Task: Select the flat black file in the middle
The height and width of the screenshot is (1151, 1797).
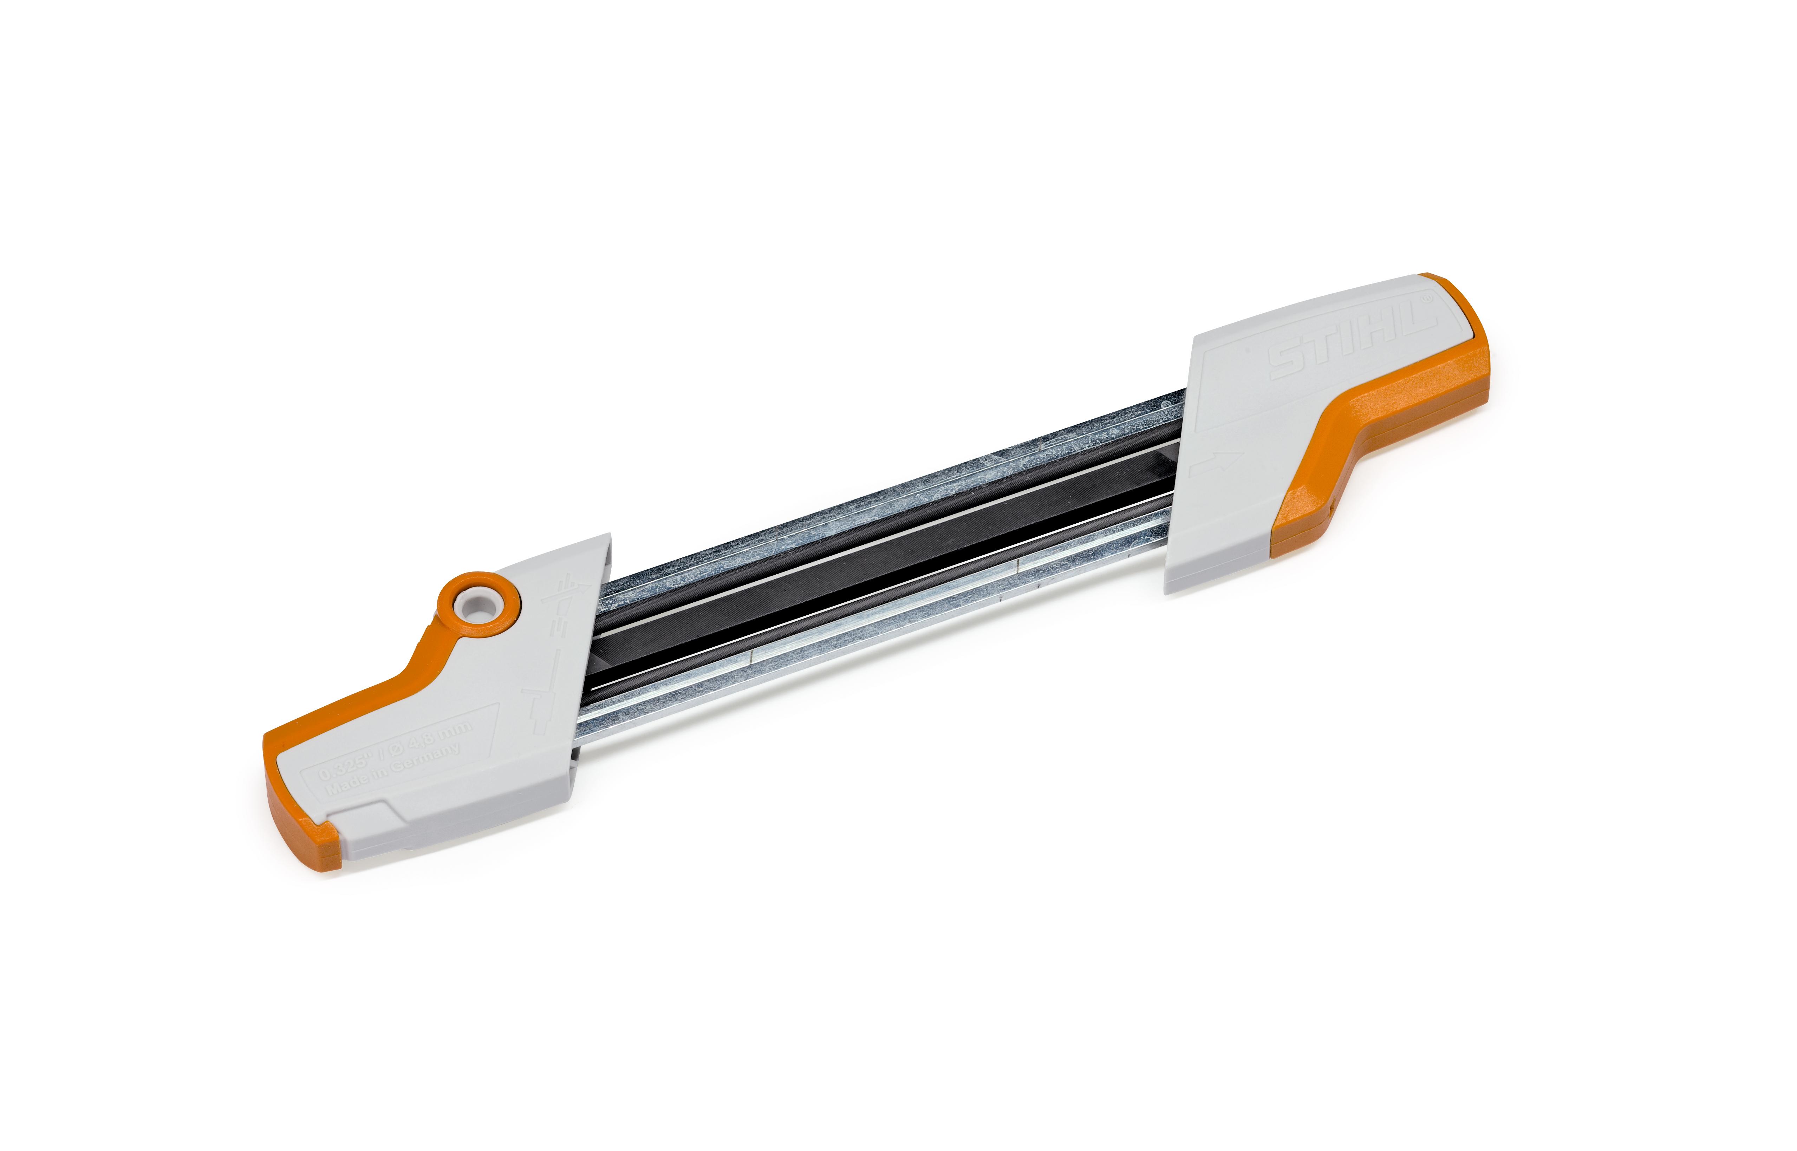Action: (882, 557)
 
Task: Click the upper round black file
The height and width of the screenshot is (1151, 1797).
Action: (860, 523)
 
